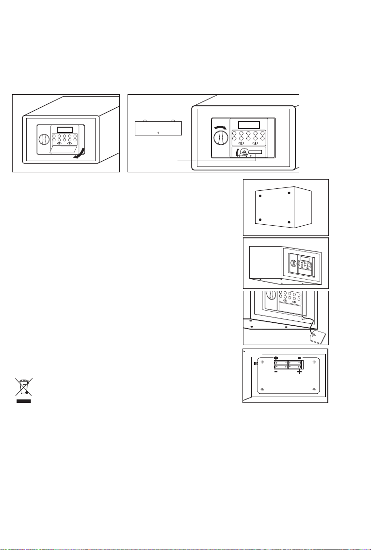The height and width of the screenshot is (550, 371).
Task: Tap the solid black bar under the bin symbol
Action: [23, 401]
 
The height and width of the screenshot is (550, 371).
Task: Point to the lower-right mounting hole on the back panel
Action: [289, 222]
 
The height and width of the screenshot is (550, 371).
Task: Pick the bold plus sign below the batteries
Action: [300, 372]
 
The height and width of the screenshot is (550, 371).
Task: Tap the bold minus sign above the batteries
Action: [300, 358]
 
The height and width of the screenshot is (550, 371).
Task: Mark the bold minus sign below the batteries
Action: [275, 372]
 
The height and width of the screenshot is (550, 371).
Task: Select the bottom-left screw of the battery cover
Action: [262, 390]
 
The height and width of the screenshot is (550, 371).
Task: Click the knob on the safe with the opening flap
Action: [44, 140]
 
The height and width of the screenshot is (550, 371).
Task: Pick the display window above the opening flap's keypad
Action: [65, 130]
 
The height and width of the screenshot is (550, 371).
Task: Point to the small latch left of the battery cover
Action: [256, 364]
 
